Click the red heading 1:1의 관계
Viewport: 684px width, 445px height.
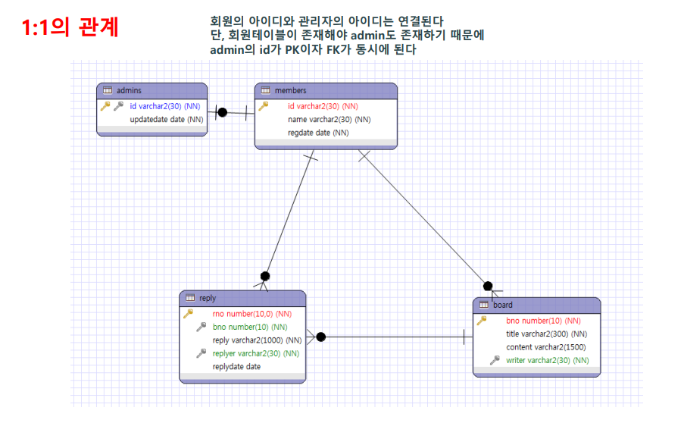point(70,27)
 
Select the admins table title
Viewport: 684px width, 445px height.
point(129,91)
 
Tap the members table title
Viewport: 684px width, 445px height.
point(290,91)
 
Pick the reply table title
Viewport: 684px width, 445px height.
point(207,298)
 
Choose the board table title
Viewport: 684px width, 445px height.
point(502,306)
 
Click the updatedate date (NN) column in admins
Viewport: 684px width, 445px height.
point(167,120)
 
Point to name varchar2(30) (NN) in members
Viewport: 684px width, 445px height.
point(329,120)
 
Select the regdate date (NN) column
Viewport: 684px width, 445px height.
point(318,133)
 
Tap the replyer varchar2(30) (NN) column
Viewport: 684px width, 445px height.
point(255,353)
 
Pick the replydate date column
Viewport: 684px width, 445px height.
point(236,367)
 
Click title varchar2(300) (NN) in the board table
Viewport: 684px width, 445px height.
point(546,334)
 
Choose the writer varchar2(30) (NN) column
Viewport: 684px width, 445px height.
point(547,361)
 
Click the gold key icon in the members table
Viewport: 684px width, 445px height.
point(264,106)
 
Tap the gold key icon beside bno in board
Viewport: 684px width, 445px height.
point(482,321)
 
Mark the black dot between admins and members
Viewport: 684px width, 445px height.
point(222,112)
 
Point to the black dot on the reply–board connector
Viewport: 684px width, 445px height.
point(320,337)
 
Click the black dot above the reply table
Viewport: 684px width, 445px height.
point(265,276)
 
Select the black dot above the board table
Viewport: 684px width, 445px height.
point(488,286)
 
